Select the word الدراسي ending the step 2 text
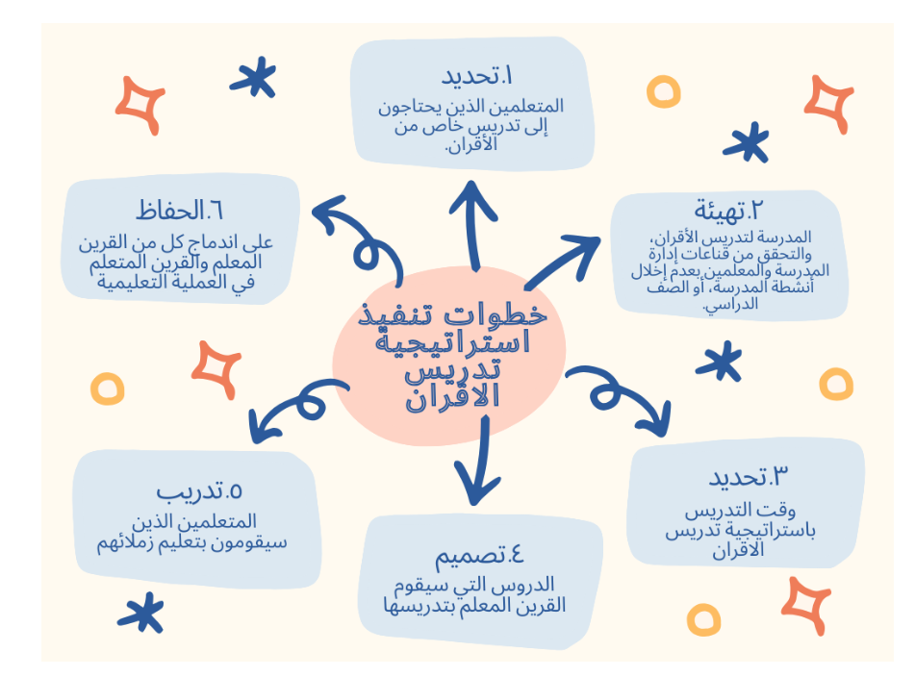pos(730,305)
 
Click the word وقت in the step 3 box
pos(782,511)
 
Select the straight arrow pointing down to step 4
pos(480,461)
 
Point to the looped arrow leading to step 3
pos(619,391)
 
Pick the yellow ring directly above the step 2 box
pos(664,91)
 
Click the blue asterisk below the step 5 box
pos(141,614)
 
